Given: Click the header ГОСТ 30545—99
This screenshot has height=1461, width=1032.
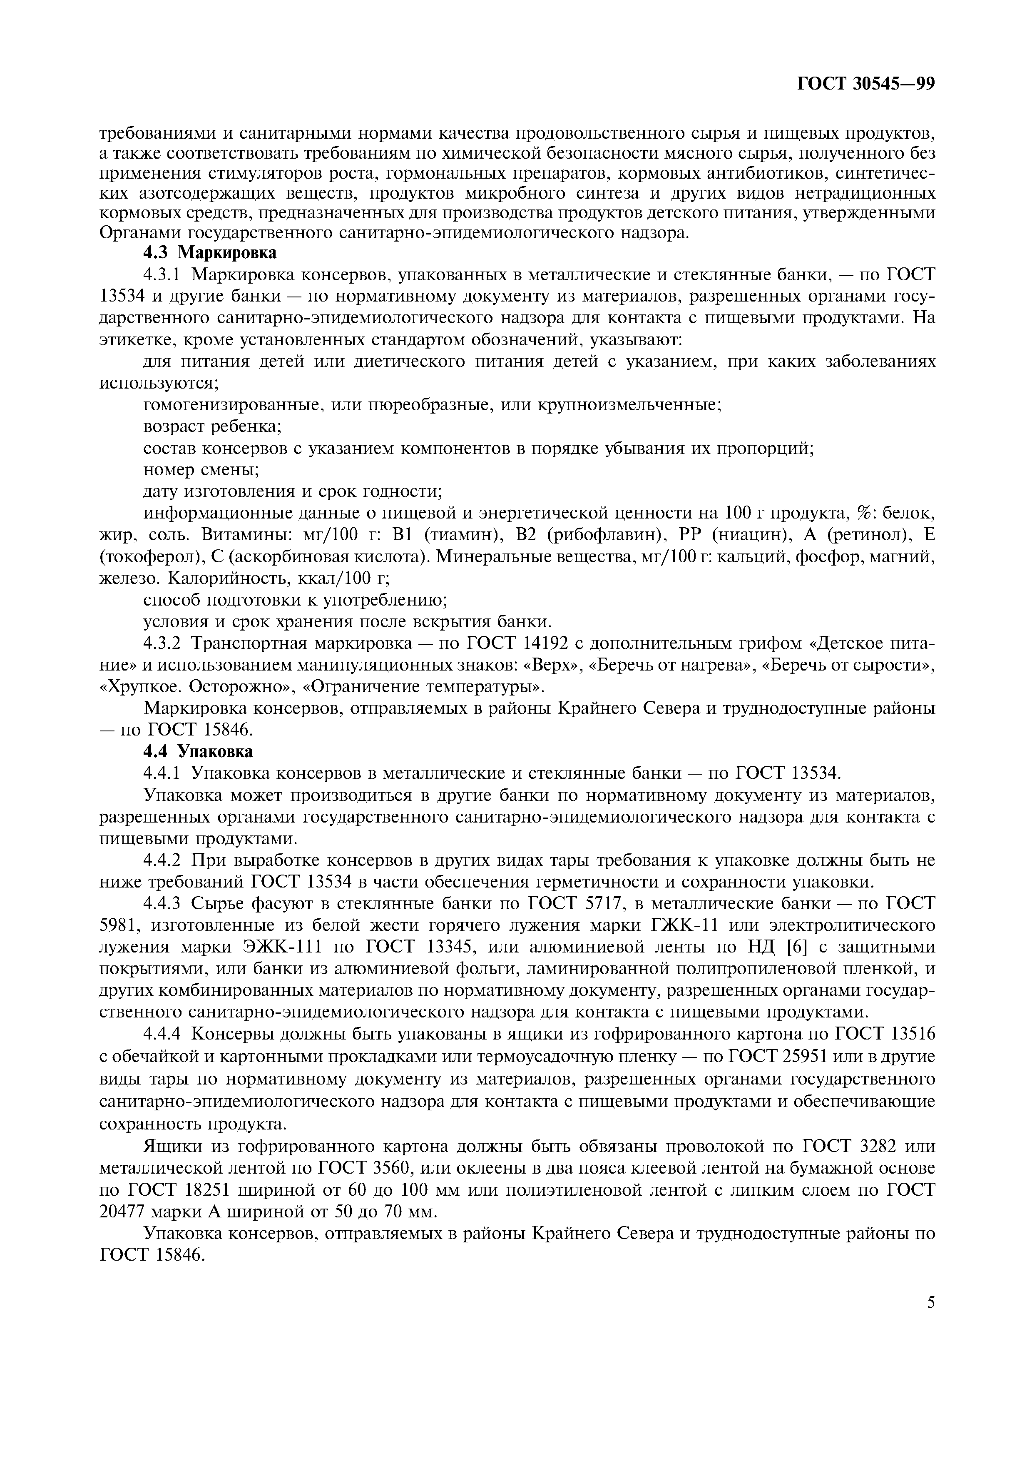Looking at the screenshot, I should click(x=865, y=84).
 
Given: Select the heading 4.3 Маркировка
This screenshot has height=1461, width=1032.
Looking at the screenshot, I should click(x=210, y=253).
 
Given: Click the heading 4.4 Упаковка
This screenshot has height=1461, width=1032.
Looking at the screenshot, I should click(x=198, y=751).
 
